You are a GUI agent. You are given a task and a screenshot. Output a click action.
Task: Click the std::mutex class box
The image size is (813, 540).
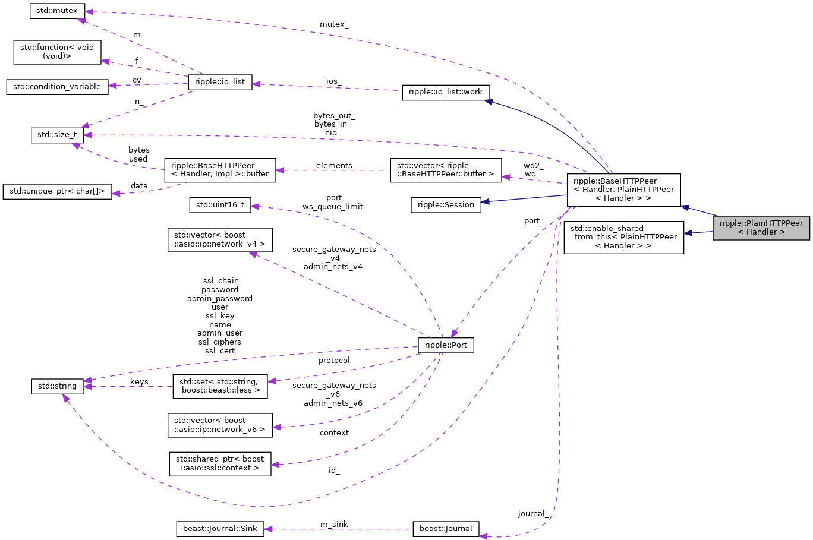(57, 11)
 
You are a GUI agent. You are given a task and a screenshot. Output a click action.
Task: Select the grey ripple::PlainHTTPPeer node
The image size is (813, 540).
(761, 228)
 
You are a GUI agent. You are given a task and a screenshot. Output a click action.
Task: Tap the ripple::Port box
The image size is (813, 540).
(446, 345)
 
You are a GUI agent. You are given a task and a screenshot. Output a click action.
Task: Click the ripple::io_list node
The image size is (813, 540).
(220, 82)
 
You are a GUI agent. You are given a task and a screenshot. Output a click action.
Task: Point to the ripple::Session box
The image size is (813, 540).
(446, 205)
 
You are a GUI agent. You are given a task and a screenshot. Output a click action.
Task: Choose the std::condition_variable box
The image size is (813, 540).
(57, 87)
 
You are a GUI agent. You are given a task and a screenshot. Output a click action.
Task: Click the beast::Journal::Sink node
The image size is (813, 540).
(220, 529)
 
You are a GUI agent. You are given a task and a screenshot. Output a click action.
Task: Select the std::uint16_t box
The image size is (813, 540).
(220, 205)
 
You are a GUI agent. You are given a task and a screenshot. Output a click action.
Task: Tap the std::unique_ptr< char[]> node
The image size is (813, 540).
(57, 191)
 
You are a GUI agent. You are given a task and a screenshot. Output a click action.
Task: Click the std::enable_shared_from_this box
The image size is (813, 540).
(623, 236)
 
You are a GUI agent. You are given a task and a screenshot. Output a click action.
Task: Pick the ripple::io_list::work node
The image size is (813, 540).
(446, 93)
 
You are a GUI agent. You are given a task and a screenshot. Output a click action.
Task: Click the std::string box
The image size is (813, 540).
(57, 386)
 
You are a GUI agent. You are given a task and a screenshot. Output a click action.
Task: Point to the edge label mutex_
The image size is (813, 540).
(334, 24)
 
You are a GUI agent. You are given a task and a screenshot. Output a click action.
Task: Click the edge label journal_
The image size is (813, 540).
(533, 513)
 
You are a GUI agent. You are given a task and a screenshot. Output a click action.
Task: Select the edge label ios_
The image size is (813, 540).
(334, 81)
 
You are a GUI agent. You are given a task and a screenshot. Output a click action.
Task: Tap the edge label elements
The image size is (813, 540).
(334, 166)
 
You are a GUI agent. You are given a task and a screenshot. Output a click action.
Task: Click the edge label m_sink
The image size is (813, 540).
(334, 524)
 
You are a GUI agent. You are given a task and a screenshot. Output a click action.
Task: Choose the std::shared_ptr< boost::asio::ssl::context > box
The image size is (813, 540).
(220, 463)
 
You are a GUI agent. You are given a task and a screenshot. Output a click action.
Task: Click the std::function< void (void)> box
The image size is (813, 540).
(57, 52)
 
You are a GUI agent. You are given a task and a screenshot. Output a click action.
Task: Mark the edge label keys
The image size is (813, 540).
(139, 381)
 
